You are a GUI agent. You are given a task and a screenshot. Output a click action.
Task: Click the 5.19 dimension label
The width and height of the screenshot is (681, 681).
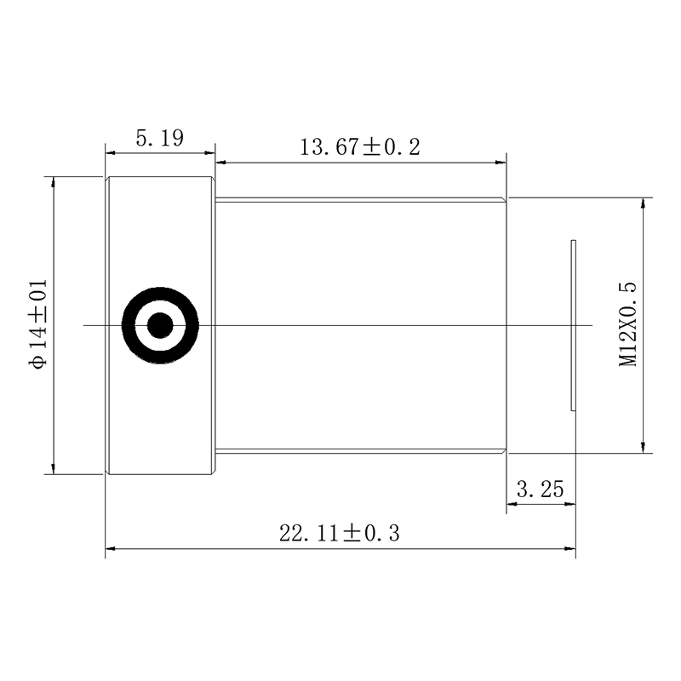pos(159,138)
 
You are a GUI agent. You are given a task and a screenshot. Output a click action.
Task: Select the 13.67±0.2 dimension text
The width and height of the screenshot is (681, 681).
pos(360,146)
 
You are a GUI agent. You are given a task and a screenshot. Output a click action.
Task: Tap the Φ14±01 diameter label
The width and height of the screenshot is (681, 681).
pos(37,324)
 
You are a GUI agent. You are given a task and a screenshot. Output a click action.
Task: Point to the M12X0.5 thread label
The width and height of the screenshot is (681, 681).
pos(628,324)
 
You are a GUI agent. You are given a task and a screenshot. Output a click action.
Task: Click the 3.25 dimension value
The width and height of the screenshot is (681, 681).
pos(541,489)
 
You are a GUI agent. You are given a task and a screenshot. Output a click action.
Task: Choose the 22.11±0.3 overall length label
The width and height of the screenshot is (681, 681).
pos(340,534)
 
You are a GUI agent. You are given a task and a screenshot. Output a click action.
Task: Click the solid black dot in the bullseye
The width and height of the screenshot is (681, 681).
pos(160,325)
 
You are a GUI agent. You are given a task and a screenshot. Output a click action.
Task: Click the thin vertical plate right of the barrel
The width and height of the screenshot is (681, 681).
pos(573,324)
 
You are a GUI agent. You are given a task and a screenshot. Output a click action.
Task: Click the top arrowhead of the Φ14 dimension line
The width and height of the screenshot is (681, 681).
pos(54,182)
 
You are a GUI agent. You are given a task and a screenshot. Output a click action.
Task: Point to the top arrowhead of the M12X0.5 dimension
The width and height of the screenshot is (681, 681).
pos(643,203)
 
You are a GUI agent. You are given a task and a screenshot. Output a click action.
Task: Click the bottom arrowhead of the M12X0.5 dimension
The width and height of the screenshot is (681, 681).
pos(643,447)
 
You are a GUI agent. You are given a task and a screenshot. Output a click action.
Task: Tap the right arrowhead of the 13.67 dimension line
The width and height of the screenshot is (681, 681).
pos(501,162)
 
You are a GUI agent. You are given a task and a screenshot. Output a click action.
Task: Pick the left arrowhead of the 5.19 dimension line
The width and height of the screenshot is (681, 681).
pos(111,153)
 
